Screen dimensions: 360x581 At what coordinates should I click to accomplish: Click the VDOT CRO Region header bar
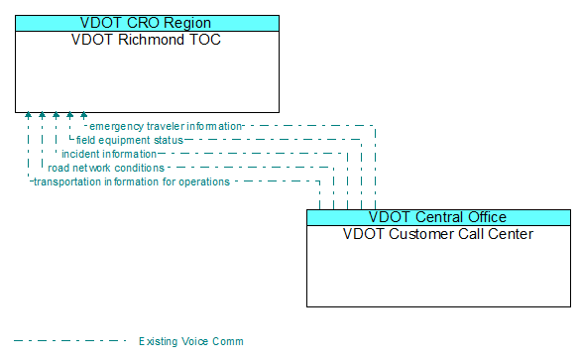click(147, 23)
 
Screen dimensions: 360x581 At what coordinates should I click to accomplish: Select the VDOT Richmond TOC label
click(147, 41)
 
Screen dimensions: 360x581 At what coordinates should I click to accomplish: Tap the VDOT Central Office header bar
click(437, 217)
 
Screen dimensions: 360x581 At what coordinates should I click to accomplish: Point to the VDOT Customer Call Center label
click(437, 235)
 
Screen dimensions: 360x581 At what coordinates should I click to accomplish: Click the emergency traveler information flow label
click(166, 126)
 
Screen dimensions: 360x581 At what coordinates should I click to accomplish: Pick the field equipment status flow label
click(129, 140)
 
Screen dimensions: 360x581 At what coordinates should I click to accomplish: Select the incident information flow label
click(109, 154)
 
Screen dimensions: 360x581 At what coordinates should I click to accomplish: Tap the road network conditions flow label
click(106, 168)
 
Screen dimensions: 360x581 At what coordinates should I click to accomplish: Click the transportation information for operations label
click(132, 181)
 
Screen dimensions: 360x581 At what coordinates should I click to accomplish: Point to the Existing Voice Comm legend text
click(190, 341)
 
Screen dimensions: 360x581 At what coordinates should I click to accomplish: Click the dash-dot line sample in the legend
click(69, 341)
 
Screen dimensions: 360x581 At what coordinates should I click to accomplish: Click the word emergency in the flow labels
click(117, 126)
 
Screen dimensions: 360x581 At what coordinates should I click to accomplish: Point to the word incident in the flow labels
click(80, 154)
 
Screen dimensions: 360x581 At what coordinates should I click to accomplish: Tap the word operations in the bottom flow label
click(203, 181)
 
